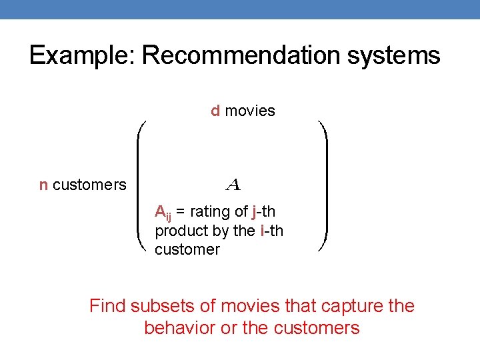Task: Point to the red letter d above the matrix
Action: coord(215,111)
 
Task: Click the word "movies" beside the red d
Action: coord(250,111)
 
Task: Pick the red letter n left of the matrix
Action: coord(43,185)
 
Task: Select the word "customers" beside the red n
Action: coord(89,185)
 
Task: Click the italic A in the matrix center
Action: coord(233,183)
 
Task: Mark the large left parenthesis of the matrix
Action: coord(142,185)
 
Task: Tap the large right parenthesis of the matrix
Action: coord(323,185)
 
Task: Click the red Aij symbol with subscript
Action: coord(162,213)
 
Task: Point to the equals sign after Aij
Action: coord(181,213)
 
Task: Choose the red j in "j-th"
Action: coord(255,213)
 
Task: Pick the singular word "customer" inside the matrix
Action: coord(187,249)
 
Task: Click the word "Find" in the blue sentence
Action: coord(107,306)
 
